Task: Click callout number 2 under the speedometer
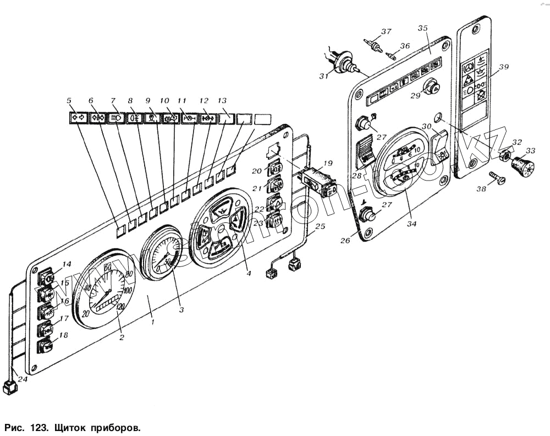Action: pyautogui.click(x=122, y=337)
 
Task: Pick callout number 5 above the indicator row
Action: pyautogui.click(x=69, y=100)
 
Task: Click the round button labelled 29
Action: pyautogui.click(x=433, y=86)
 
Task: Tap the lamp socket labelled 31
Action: pyautogui.click(x=344, y=62)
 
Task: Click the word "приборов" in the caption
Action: pyautogui.click(x=113, y=427)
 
